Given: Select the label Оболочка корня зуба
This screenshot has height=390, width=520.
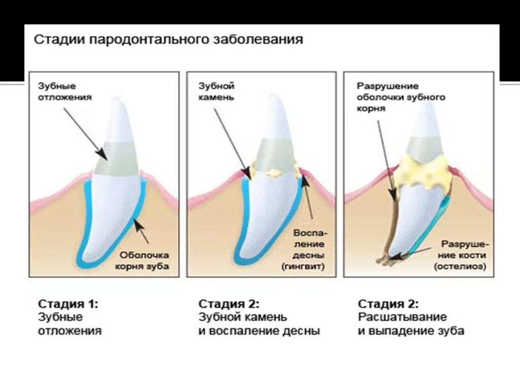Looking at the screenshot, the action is pos(145,260).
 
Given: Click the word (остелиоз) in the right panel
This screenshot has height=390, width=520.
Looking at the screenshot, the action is pos(461,266).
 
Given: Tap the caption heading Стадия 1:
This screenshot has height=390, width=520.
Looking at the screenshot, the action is pos(68,304).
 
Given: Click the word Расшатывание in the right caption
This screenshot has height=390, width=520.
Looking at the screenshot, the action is pos(402,317).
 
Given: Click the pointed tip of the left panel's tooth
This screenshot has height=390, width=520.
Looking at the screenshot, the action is pos(118,100).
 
